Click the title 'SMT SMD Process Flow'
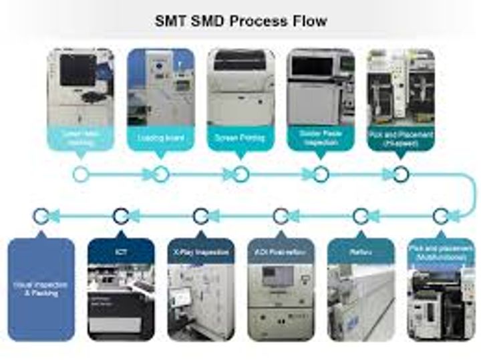click(241, 20)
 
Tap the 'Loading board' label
click(161, 138)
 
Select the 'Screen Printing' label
click(240, 138)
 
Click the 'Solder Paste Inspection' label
click(321, 138)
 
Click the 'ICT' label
click(121, 252)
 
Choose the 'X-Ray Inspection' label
click(201, 252)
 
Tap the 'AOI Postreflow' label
click(281, 252)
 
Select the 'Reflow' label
click(361, 252)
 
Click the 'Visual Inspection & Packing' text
click(41, 289)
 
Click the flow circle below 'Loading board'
click(161, 174)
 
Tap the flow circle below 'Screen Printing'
click(241, 174)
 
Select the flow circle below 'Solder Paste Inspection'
click(321, 174)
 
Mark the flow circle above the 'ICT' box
click(121, 216)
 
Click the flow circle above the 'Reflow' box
click(361, 216)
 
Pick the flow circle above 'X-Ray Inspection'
click(201, 216)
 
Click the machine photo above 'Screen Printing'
click(240, 87)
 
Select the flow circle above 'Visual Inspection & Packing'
click(41, 216)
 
